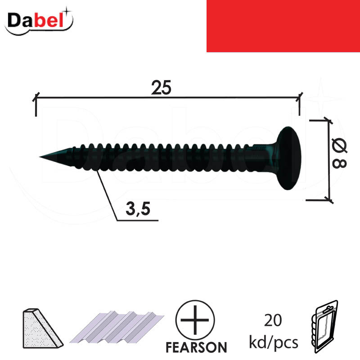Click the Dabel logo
coord(39,21)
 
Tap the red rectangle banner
coord(283,26)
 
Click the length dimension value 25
coord(161,88)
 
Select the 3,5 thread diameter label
coord(138,209)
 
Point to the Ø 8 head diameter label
coord(340,153)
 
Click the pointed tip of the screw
coord(40,157)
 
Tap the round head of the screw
coord(288,158)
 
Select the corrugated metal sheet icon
coord(117,327)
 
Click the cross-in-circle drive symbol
coord(195,320)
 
